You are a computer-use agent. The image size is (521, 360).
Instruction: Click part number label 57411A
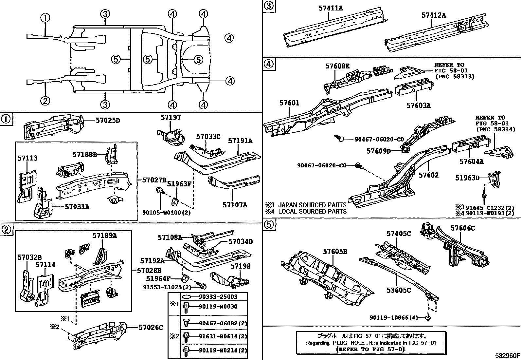pyautogui.click(x=331, y=8)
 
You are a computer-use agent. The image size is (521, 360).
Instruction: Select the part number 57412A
pyautogui.click(x=434, y=15)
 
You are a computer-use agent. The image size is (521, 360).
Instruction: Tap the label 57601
pyautogui.click(x=289, y=103)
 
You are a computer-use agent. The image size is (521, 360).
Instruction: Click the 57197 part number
pyautogui.click(x=171, y=118)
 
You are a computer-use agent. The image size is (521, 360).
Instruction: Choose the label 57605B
pyautogui.click(x=335, y=251)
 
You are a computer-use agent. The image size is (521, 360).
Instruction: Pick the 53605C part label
pyautogui.click(x=399, y=290)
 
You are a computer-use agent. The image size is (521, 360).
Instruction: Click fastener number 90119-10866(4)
pyautogui.click(x=394, y=317)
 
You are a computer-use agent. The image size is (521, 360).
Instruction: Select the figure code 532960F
pyautogui.click(x=507, y=355)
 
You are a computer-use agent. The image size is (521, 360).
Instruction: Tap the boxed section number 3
pyautogui.click(x=268, y=6)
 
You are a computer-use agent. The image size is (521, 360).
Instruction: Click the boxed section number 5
pyautogui.click(x=268, y=224)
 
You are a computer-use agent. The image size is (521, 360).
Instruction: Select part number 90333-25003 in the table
pyautogui.click(x=218, y=297)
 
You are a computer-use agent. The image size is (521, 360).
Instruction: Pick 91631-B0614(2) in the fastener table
pyautogui.click(x=223, y=336)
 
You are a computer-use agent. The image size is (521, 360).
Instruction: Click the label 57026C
pyautogui.click(x=151, y=327)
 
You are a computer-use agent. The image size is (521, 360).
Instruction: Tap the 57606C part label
pyautogui.click(x=463, y=228)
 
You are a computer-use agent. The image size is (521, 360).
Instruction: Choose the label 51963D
pyautogui.click(x=467, y=178)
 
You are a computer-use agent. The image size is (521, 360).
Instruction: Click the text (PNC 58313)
pyautogui.click(x=455, y=77)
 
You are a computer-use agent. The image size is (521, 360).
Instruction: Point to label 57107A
pyautogui.click(x=235, y=205)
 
